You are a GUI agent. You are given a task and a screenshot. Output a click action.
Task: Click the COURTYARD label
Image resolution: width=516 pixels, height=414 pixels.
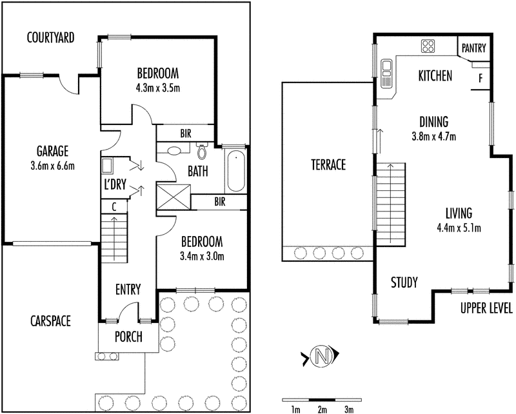[x=50, y=37]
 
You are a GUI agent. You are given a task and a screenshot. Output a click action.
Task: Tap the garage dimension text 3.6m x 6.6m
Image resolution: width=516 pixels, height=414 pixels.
[x=52, y=166]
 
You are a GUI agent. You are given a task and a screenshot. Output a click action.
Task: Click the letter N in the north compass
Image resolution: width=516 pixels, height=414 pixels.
[x=320, y=355]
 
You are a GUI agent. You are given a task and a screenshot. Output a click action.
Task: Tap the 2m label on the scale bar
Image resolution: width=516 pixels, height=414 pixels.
[x=322, y=409]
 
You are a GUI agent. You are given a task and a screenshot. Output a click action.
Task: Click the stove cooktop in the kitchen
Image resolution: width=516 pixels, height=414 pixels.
[x=428, y=46]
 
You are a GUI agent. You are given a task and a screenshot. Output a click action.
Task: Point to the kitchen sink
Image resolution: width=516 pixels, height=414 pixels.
[x=387, y=74]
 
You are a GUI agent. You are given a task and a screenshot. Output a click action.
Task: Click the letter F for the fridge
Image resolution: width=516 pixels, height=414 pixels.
[x=480, y=78]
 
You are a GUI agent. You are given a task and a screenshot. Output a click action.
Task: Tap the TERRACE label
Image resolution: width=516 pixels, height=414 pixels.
[x=327, y=165]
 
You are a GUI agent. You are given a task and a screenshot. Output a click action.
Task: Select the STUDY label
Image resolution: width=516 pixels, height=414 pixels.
[x=404, y=282]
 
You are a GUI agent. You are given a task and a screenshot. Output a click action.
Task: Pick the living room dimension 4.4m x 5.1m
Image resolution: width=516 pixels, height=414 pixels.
[x=459, y=226]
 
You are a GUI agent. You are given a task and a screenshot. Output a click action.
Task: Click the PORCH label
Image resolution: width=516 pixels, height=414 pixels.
[x=128, y=337]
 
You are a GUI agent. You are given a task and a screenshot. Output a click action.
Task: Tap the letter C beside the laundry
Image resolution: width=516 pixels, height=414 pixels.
[x=114, y=207]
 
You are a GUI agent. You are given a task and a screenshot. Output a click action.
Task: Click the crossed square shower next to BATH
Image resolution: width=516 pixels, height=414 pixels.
[x=178, y=197]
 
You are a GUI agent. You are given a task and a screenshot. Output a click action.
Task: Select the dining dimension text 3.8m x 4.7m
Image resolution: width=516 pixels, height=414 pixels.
[x=433, y=136]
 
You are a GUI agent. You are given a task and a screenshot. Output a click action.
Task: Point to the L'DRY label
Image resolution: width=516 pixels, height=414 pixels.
[x=115, y=184]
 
